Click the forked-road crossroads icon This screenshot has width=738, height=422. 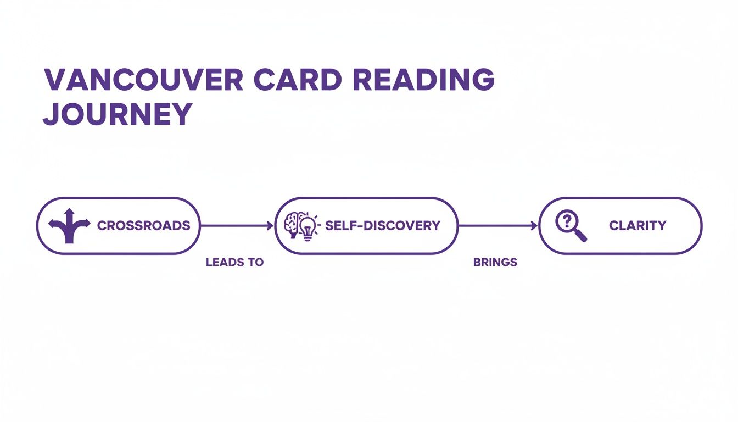pyautogui.click(x=69, y=226)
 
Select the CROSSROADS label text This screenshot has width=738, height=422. pyautogui.click(x=144, y=225)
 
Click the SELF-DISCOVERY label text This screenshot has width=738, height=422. pyautogui.click(x=383, y=225)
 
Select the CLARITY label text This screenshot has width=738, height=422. pyautogui.click(x=638, y=225)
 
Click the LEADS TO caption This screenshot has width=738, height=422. pyautogui.click(x=234, y=263)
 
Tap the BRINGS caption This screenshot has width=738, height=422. pyautogui.click(x=495, y=263)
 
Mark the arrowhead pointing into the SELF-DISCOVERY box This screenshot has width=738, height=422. pyautogui.click(x=270, y=225)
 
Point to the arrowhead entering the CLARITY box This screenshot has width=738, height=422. pyautogui.click(x=534, y=225)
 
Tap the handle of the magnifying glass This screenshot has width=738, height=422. pyautogui.click(x=581, y=236)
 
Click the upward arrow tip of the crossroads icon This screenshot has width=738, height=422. pyautogui.click(x=69, y=211)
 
